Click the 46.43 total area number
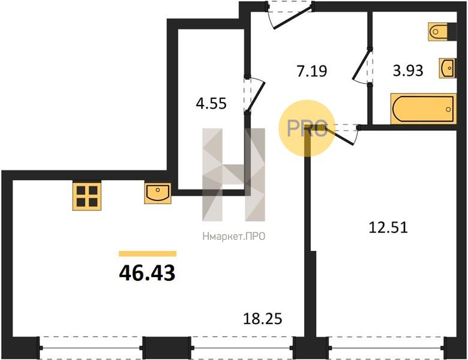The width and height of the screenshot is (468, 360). (147, 273)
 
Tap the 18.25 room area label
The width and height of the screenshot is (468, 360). (263, 319)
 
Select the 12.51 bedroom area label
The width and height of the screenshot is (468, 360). (388, 227)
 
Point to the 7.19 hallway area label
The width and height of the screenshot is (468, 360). (312, 71)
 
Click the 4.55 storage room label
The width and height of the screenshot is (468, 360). (211, 104)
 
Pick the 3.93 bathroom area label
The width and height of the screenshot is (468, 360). (408, 71)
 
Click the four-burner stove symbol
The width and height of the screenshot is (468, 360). (87, 196)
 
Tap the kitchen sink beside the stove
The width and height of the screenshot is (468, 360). (158, 193)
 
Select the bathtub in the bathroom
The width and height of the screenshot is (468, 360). (424, 109)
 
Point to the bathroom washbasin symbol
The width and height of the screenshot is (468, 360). (447, 68)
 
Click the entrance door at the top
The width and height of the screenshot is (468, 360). (289, 15)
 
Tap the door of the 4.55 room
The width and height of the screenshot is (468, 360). (254, 95)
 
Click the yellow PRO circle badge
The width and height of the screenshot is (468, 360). (307, 128)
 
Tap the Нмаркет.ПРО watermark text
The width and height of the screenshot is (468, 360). (234, 236)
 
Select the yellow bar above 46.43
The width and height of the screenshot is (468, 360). (148, 254)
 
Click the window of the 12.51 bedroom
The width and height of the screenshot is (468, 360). (386, 348)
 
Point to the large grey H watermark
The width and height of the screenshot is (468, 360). (234, 175)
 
